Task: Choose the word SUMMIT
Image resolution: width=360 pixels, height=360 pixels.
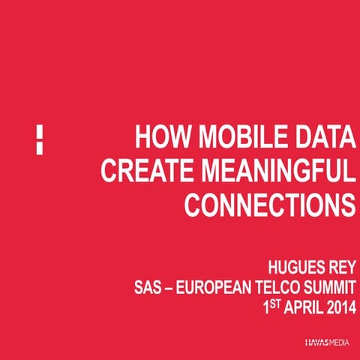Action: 330,288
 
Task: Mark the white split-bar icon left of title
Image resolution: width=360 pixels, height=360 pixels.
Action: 39,139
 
